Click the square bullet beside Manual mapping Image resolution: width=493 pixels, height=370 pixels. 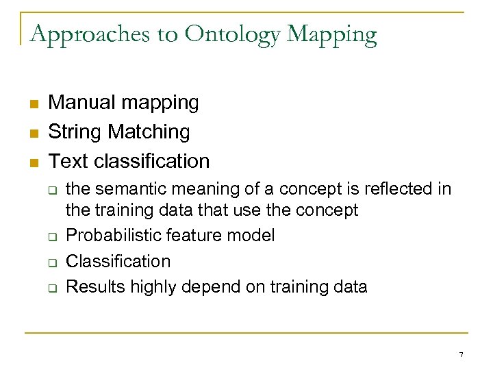point(32,104)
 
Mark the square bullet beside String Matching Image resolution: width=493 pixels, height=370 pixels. point(32,133)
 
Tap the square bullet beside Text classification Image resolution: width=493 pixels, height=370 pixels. point(32,162)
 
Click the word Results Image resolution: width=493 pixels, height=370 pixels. point(92,286)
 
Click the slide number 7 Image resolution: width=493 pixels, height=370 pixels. point(461,355)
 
